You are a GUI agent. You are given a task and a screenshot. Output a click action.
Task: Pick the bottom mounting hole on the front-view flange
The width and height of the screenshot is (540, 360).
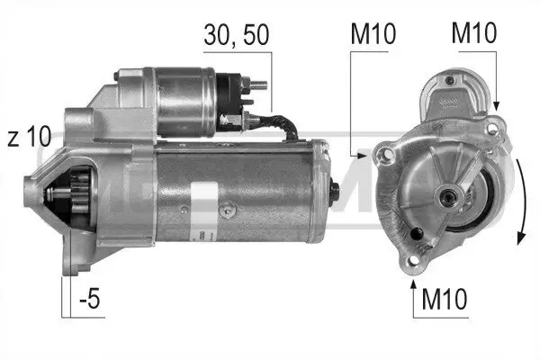click(x=416, y=261)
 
